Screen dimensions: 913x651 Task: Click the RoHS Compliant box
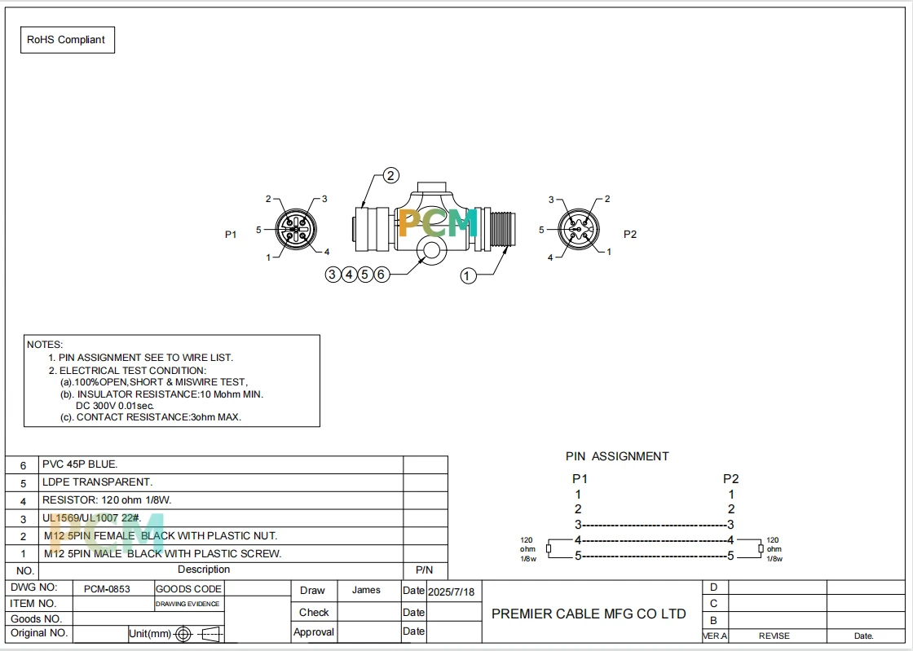[68, 40]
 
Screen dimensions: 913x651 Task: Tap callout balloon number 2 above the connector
[390, 175]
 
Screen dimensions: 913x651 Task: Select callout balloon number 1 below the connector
[468, 275]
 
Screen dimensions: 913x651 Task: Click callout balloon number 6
[381, 274]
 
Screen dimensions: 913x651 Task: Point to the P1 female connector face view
[296, 230]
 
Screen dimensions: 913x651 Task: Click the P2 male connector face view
[579, 230]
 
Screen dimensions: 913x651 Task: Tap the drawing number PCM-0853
[107, 589]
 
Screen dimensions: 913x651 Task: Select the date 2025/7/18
[452, 592]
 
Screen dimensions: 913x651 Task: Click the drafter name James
[366, 590]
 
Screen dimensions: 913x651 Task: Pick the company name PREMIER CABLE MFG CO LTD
[589, 614]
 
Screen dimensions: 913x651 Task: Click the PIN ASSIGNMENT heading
[617, 457]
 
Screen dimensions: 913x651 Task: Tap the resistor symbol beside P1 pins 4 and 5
[549, 548]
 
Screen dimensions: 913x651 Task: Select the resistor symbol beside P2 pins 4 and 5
[761, 548]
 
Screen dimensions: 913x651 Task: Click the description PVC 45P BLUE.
[80, 464]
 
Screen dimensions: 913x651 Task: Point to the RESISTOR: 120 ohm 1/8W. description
[107, 499]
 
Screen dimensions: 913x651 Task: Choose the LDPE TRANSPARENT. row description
[97, 482]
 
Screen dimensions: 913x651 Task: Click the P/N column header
[425, 570]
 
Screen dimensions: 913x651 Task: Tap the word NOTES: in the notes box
[45, 345]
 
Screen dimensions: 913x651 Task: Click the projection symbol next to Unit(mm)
[198, 634]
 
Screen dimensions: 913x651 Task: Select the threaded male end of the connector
[502, 230]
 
